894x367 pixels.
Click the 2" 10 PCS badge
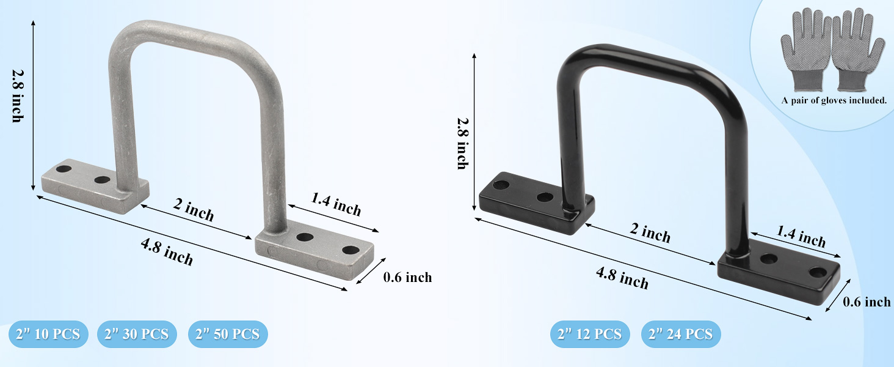coord(48,334)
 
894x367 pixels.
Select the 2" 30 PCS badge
coord(137,334)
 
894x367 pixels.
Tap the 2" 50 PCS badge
coord(228,334)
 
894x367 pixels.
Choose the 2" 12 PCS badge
coord(590,334)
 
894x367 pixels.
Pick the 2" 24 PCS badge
coord(681,334)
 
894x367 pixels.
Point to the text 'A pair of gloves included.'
coord(834,101)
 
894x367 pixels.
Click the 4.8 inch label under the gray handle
coord(167,251)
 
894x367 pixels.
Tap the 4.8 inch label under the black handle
coord(622,278)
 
